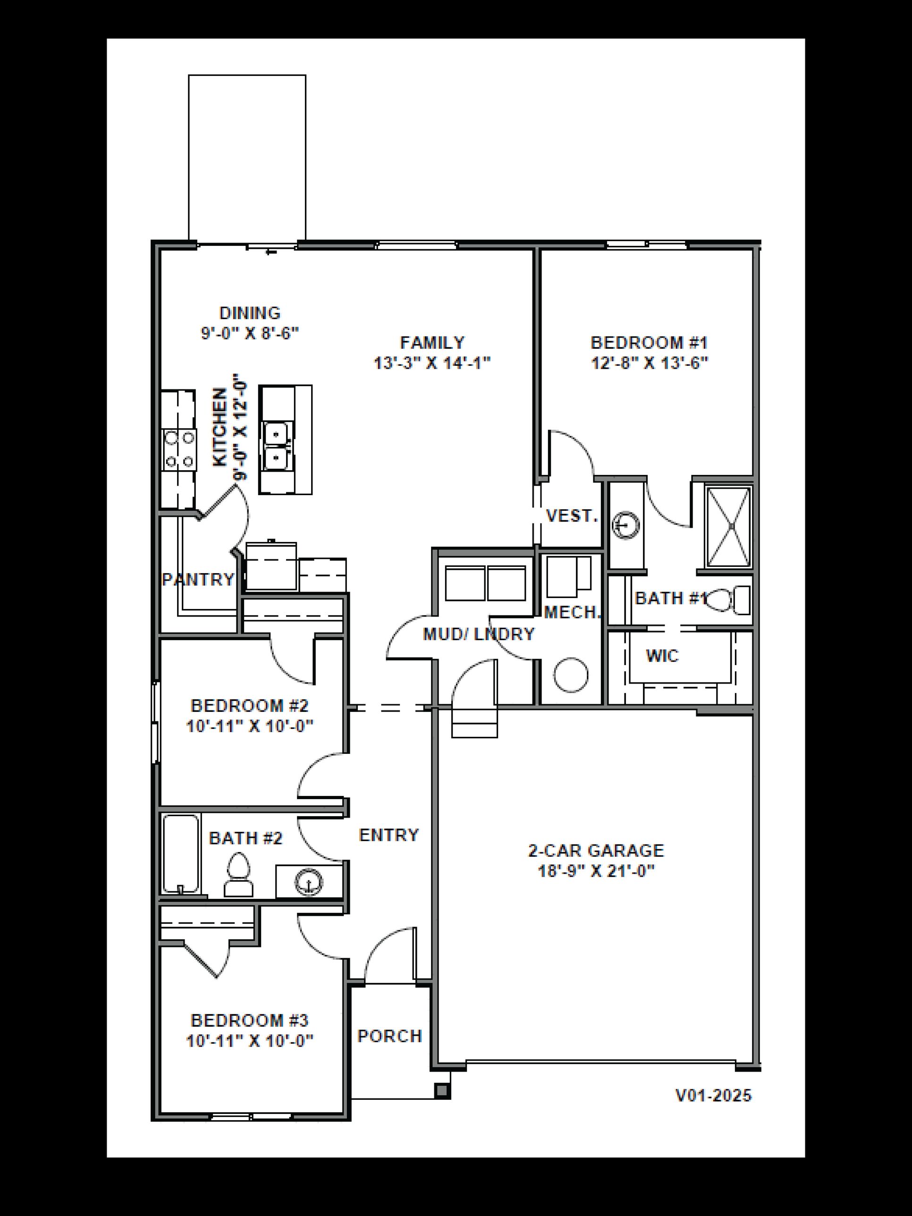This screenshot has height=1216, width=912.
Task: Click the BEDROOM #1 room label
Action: pyautogui.click(x=649, y=343)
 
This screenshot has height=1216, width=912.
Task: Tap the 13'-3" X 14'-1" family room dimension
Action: pyautogui.click(x=432, y=363)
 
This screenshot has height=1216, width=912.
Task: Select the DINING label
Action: pyautogui.click(x=250, y=313)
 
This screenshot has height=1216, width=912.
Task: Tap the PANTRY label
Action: pyautogui.click(x=198, y=579)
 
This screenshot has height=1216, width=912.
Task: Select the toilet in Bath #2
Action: pyautogui.click(x=238, y=874)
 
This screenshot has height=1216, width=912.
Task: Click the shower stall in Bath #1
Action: pyautogui.click(x=728, y=527)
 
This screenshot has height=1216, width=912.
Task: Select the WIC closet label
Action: pyautogui.click(x=662, y=655)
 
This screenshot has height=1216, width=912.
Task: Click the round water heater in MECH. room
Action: pyautogui.click(x=571, y=675)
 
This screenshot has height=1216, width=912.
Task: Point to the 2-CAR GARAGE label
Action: pyautogui.click(x=596, y=851)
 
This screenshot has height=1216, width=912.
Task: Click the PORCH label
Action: pyautogui.click(x=389, y=1036)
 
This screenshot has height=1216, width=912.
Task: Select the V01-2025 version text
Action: pyautogui.click(x=713, y=1096)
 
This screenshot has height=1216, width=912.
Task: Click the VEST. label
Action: pyautogui.click(x=572, y=515)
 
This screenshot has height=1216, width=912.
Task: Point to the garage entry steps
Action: pyautogui.click(x=474, y=723)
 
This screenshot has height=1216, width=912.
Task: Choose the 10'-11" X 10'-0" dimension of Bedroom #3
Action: pyautogui.click(x=250, y=1041)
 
